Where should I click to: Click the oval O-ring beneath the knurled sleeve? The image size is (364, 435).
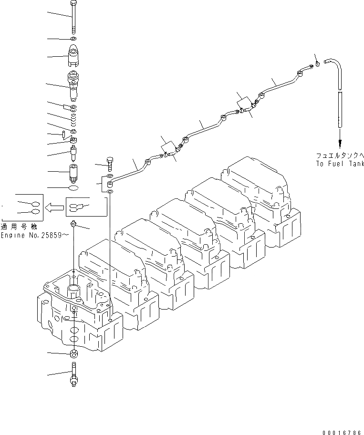(x=73, y=189)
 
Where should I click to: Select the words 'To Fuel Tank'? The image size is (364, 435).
(x=340, y=164)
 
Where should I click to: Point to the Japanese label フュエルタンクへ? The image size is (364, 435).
(x=340, y=155)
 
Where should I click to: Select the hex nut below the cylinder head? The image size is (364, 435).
(x=73, y=354)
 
